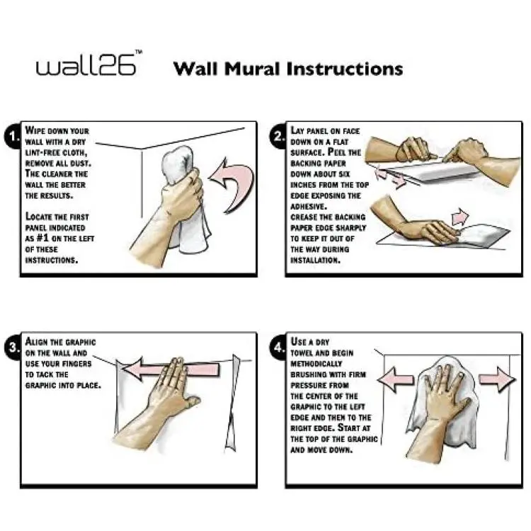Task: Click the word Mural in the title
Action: [x=252, y=69]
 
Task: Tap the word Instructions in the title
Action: [x=344, y=69]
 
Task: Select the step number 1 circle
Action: [x=12, y=137]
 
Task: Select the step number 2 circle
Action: [x=278, y=137]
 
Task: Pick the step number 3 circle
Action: [x=12, y=348]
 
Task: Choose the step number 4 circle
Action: [x=278, y=348]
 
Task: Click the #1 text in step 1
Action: [x=42, y=238]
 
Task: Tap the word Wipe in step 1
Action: [x=34, y=130]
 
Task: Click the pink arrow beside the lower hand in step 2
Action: [x=460, y=217]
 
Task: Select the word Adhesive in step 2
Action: [x=309, y=206]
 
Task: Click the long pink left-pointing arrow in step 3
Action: [x=169, y=369]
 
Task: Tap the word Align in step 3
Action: [x=37, y=341]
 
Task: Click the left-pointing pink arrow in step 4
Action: [x=396, y=379]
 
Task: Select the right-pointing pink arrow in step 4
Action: [x=497, y=379]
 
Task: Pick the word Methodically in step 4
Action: [x=316, y=364]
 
